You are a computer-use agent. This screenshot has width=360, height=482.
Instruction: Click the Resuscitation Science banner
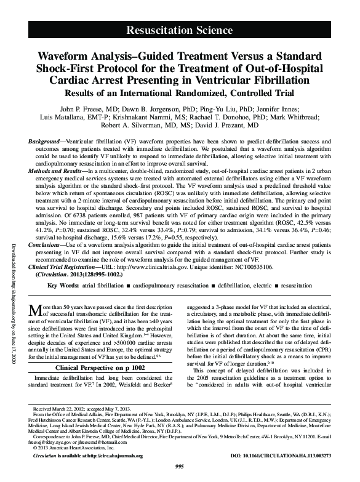click(179, 29)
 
